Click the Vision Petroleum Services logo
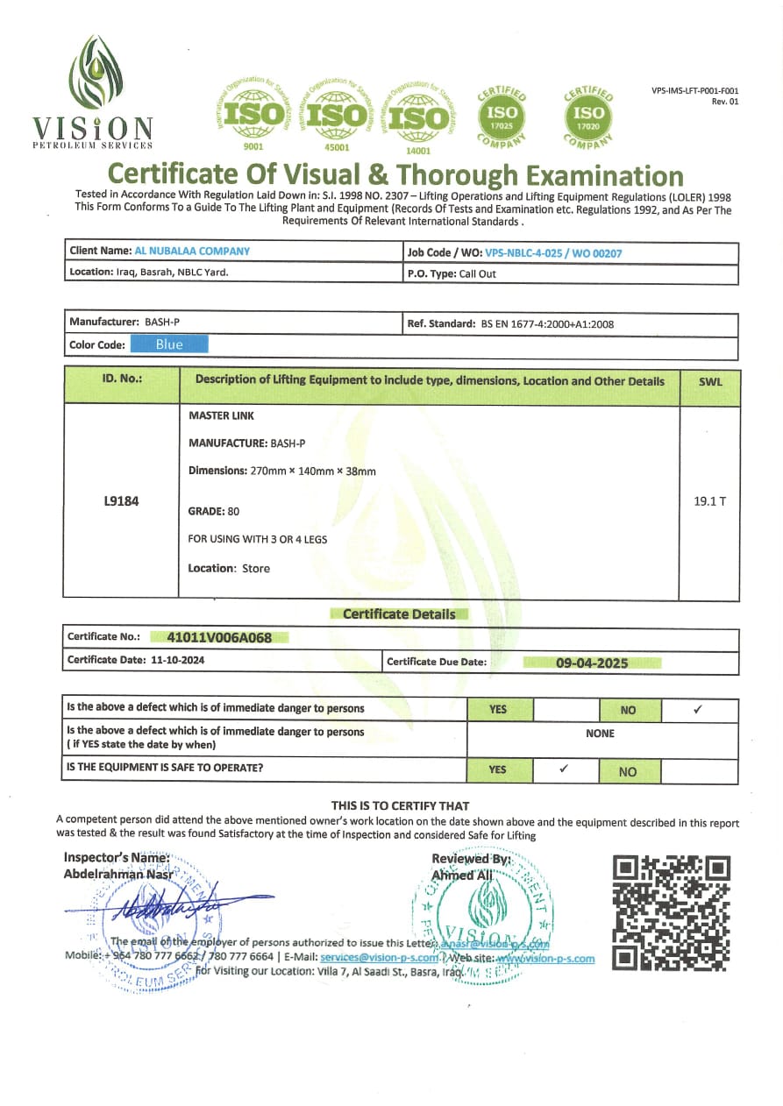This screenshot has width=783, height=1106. pos(93,93)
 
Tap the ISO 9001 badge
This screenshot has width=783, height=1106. pos(253,115)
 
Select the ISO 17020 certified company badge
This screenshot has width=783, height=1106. pos(588,115)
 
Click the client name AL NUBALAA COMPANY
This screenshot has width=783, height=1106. pos(192,251)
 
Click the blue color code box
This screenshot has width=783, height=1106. pos(169,344)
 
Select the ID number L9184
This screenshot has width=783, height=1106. pos(121,502)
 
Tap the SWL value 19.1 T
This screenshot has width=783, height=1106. pos(709,501)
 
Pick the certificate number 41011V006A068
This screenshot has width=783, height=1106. pos(219,637)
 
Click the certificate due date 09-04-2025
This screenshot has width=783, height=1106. pos(592,663)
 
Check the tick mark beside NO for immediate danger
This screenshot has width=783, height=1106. pos(698,709)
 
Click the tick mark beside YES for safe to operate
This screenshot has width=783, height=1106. pos(564,769)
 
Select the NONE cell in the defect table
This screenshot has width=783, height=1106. pos(600,733)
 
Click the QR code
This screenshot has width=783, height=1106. pos(671,912)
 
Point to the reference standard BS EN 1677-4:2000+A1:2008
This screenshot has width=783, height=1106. pos(548,323)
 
